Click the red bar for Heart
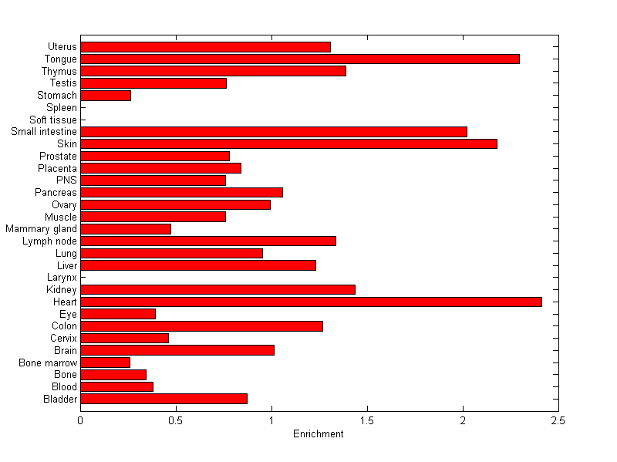pyautogui.click(x=311, y=302)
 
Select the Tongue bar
pyautogui.click(x=299, y=59)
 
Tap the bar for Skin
pyautogui.click(x=288, y=143)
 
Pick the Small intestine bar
pyautogui.click(x=274, y=132)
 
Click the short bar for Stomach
pyautogui.click(x=106, y=96)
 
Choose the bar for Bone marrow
pyautogui.click(x=105, y=363)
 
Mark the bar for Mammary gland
pyautogui.click(x=126, y=229)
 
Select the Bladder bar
pyautogui.click(x=164, y=399)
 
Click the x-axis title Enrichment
pyautogui.click(x=318, y=434)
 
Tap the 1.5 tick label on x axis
pyautogui.click(x=367, y=421)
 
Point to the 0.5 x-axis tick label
pyautogui.click(x=176, y=421)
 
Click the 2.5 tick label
pyautogui.click(x=558, y=421)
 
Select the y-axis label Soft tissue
pyautogui.click(x=53, y=120)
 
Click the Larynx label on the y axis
pyautogui.click(x=62, y=278)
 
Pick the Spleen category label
pyautogui.click(x=62, y=108)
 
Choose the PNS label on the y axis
pyautogui.click(x=67, y=180)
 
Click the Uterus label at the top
pyautogui.click(x=62, y=47)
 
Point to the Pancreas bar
pyautogui.click(x=181, y=192)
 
